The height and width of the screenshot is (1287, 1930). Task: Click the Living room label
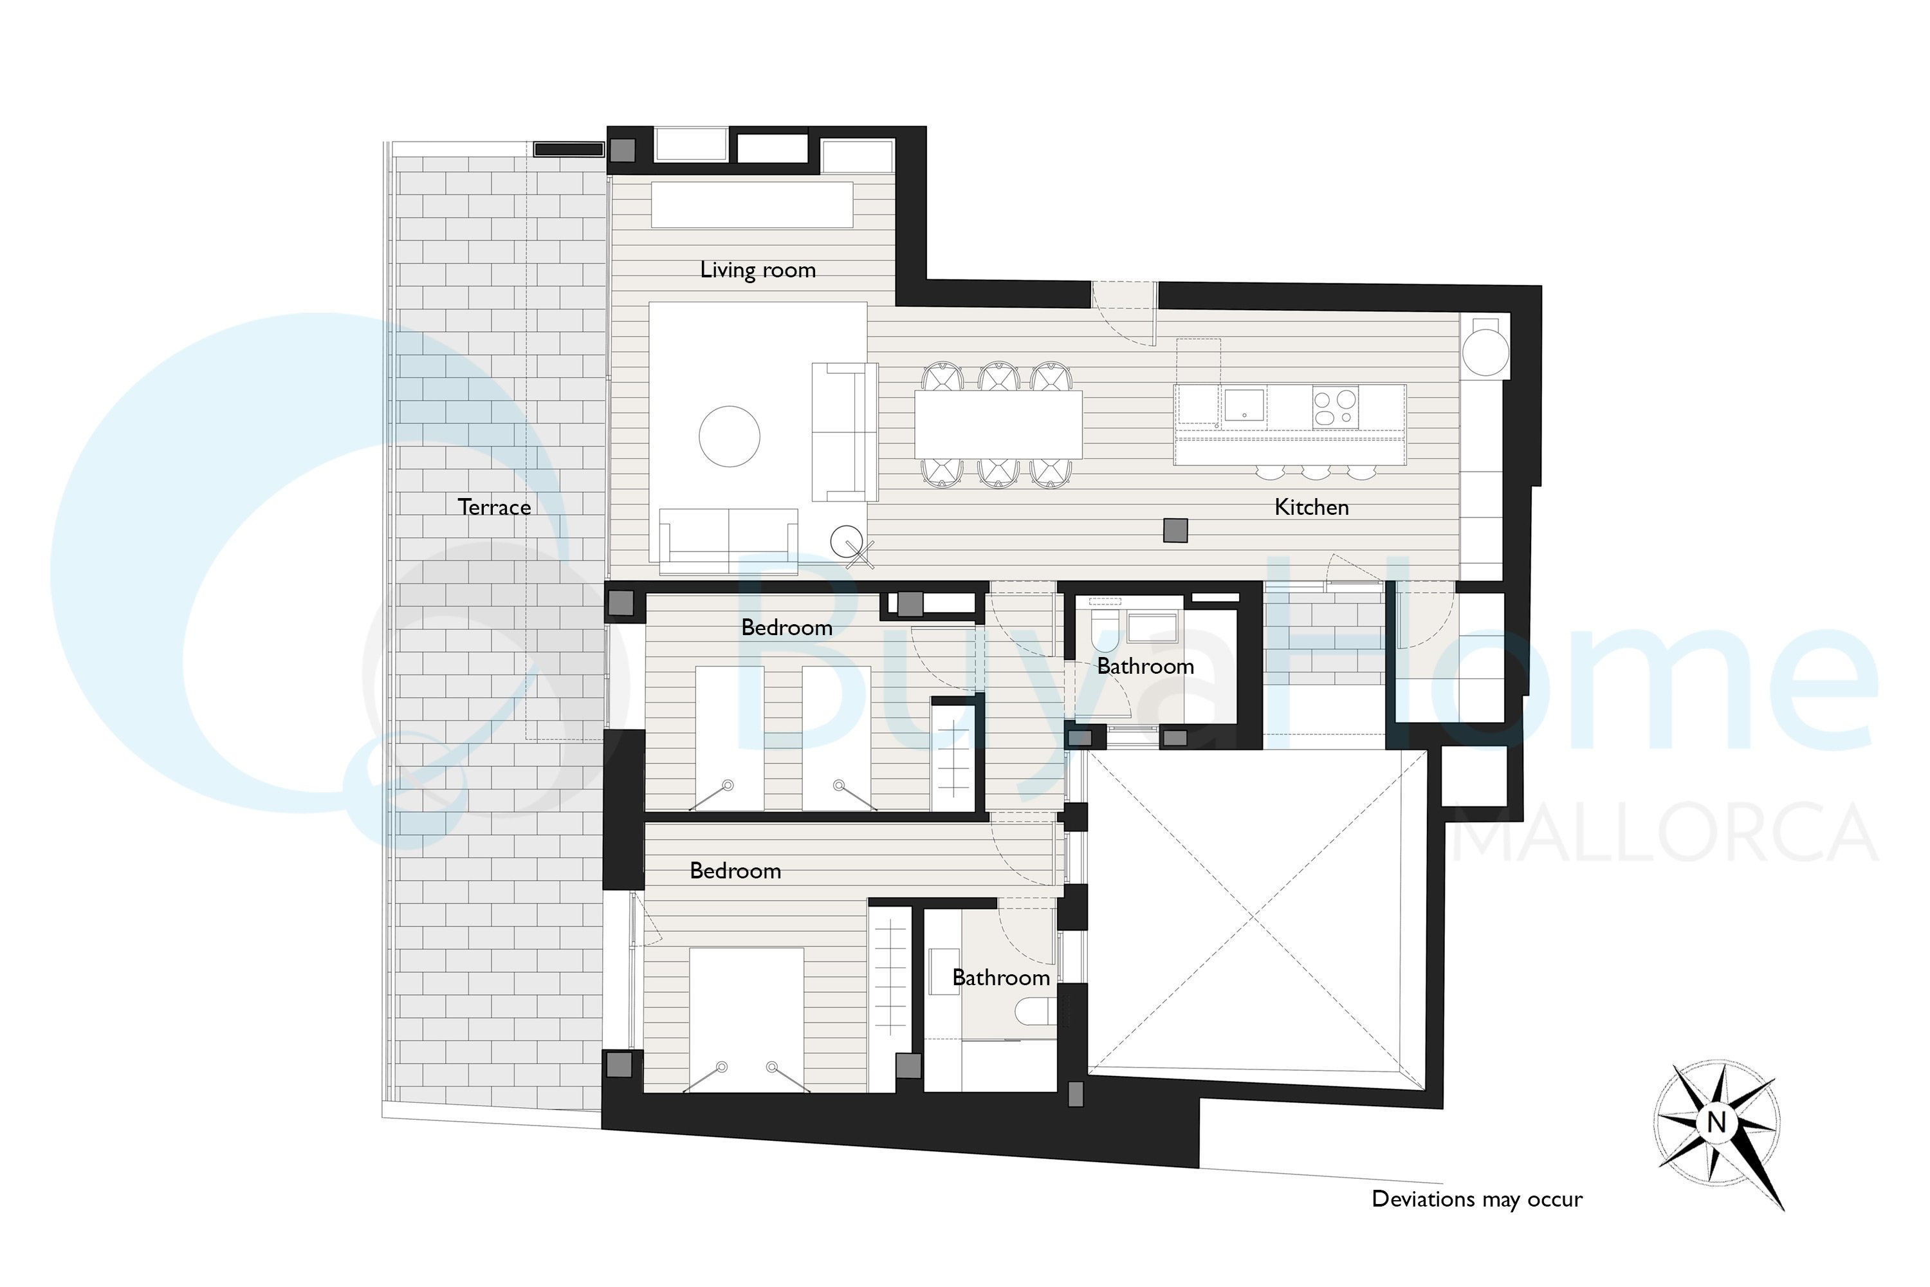(x=757, y=270)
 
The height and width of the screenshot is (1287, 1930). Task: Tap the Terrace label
(x=494, y=507)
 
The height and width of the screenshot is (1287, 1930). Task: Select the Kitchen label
(x=1311, y=507)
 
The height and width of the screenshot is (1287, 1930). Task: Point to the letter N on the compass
(x=1716, y=1121)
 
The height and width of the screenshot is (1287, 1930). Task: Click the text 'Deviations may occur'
(x=1477, y=1199)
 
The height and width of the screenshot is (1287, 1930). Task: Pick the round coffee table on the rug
(x=730, y=437)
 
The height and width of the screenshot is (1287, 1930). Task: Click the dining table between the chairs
(x=998, y=424)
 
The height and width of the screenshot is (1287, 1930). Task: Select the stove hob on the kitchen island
(x=1335, y=408)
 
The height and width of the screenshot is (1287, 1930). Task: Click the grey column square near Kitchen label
(x=1176, y=530)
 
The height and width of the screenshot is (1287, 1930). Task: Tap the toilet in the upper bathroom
(x=1105, y=629)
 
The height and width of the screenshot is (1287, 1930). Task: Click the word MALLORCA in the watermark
(x=1665, y=833)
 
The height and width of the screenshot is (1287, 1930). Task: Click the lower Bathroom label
(x=1001, y=977)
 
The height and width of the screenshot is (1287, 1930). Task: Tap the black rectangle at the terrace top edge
(x=569, y=149)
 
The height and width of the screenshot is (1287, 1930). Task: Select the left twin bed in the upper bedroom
(x=730, y=739)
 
